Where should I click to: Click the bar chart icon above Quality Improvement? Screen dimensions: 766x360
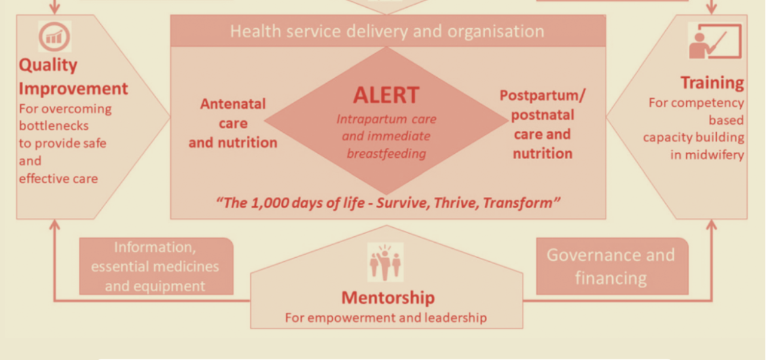55,37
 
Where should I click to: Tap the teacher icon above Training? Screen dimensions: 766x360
715,41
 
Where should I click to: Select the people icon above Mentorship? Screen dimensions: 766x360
386,262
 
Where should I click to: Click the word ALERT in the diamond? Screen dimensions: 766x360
386,95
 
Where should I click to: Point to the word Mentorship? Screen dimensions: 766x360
388,297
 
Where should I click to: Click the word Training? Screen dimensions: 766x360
712,84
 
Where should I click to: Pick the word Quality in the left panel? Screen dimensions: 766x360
48,65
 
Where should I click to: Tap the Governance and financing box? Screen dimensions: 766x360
612,266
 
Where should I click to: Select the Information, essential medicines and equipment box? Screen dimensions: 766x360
156,266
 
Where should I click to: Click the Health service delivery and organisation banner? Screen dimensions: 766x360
388,31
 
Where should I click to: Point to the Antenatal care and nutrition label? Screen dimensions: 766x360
233,123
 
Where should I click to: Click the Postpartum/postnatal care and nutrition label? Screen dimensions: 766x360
542,124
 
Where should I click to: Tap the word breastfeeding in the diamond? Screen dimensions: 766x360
386,154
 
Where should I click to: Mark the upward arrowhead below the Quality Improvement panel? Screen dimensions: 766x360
55,225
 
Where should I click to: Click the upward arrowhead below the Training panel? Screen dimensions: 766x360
711,225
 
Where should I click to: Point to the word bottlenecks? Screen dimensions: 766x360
54,126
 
